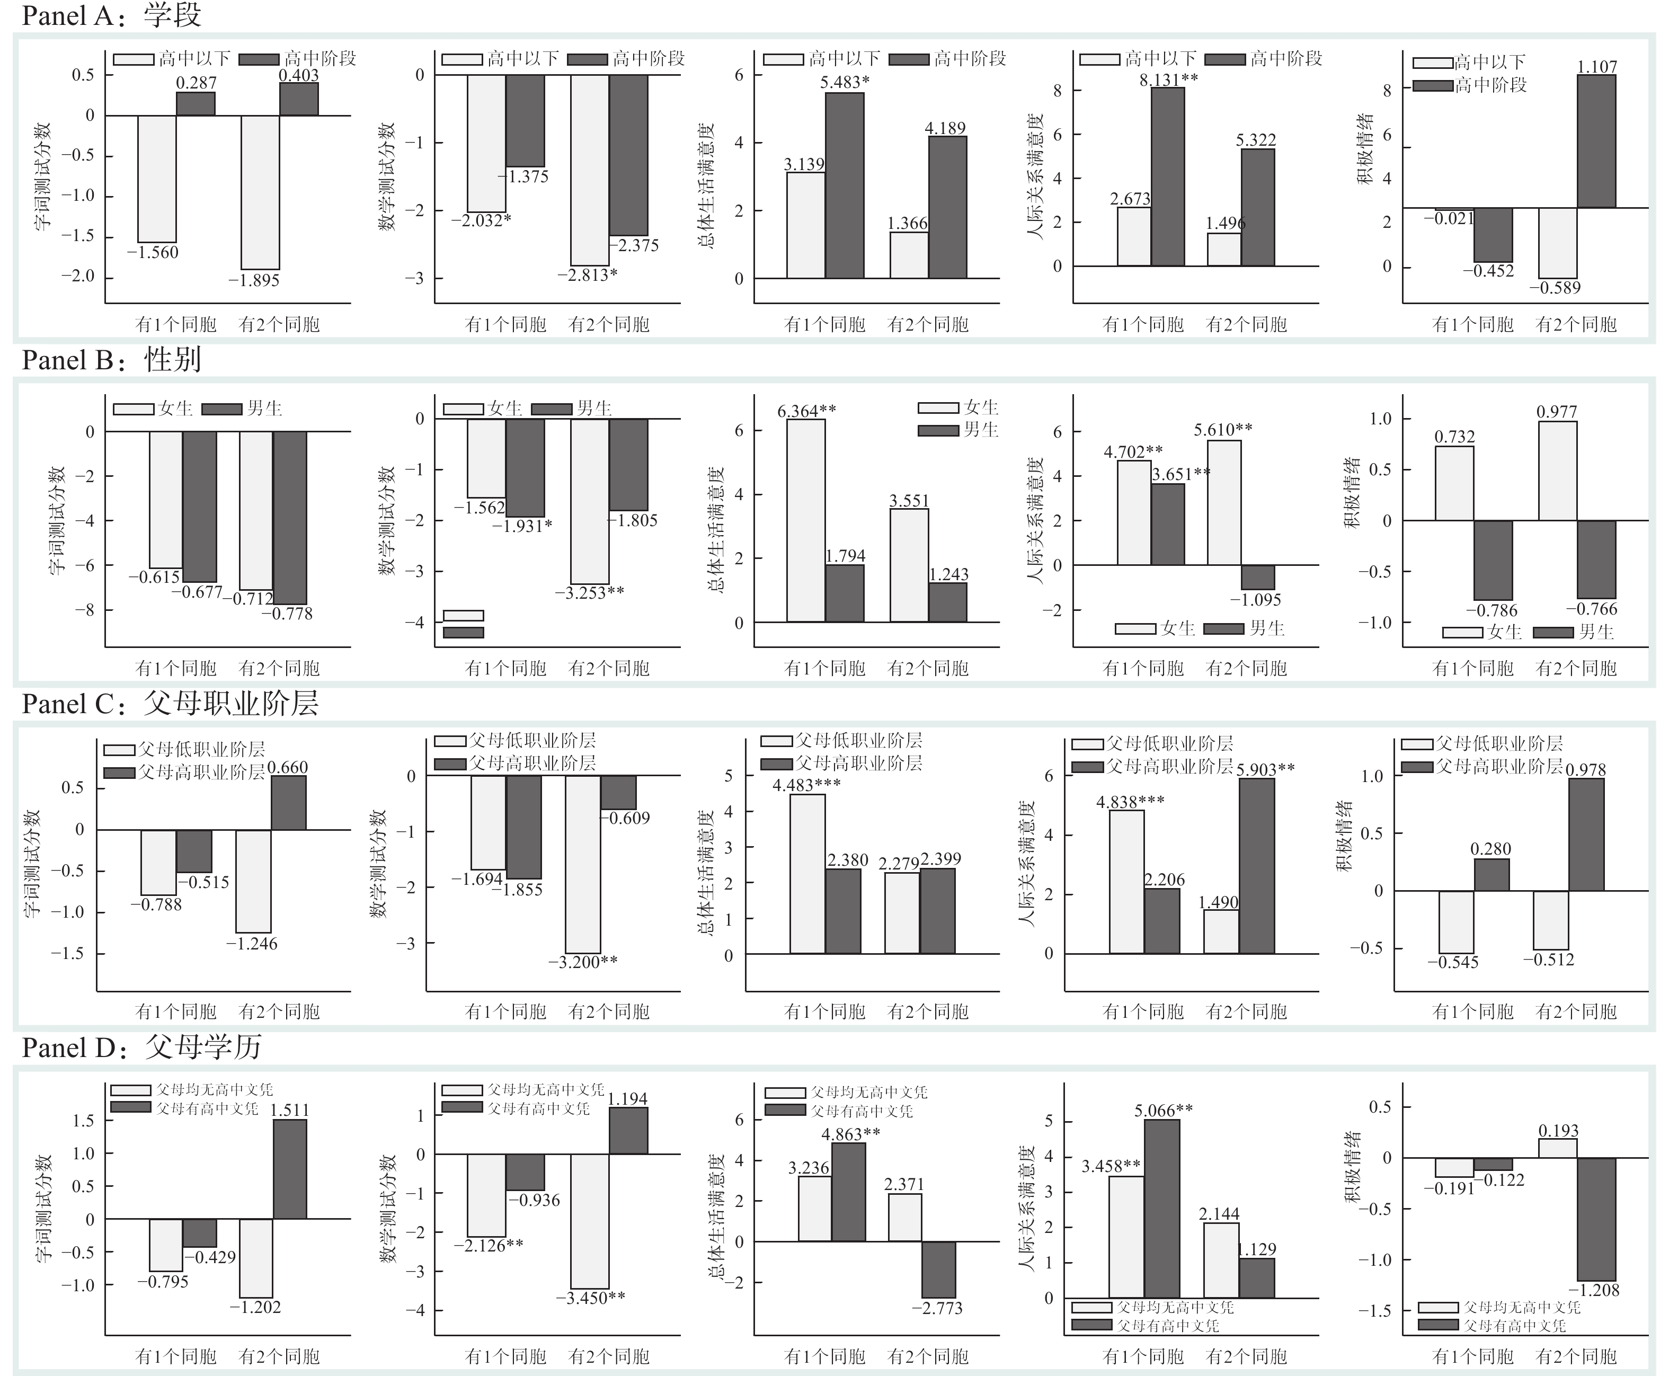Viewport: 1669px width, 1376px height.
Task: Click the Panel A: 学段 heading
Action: tap(111, 15)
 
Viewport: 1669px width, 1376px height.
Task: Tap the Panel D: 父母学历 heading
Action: tap(141, 1047)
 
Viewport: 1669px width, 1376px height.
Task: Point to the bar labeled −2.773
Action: tap(939, 1269)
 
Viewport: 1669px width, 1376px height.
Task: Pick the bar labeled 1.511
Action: tap(290, 1169)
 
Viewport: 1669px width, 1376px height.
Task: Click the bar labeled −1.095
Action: tap(1258, 577)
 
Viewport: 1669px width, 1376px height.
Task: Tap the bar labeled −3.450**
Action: tap(590, 1221)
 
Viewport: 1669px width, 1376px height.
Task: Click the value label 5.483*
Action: tap(845, 83)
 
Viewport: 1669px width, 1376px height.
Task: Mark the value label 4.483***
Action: tap(807, 785)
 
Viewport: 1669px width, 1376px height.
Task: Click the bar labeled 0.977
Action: tap(1557, 471)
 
